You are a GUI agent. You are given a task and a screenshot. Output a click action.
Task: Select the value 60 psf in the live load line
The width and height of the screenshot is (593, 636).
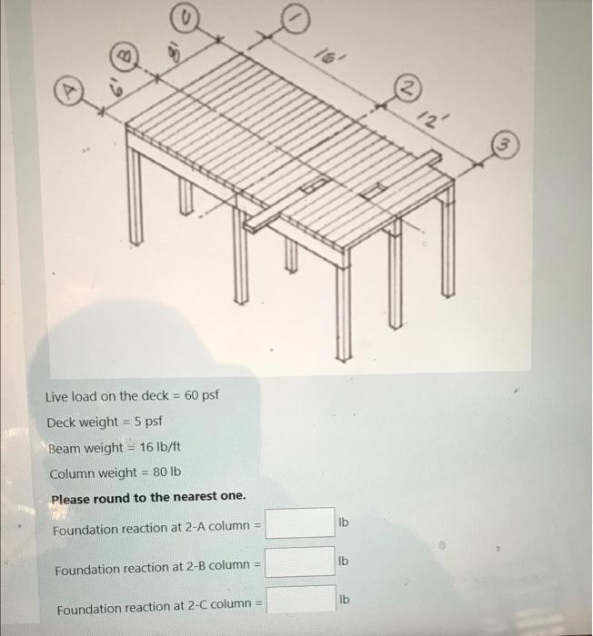coord(201,396)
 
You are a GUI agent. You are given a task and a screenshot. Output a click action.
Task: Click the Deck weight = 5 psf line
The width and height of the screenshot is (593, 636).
coord(105,422)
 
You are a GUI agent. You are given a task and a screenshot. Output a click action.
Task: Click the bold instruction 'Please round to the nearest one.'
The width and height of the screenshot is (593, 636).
coord(148,499)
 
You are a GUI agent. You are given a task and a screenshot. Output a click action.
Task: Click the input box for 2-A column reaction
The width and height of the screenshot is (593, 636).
coord(299,523)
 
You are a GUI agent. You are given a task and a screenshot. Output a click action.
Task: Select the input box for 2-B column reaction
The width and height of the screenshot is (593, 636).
coord(299,561)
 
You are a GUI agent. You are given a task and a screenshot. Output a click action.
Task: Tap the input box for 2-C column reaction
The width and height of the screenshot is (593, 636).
coord(299,600)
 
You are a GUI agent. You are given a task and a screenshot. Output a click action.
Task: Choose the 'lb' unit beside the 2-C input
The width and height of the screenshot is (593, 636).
coord(343,601)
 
